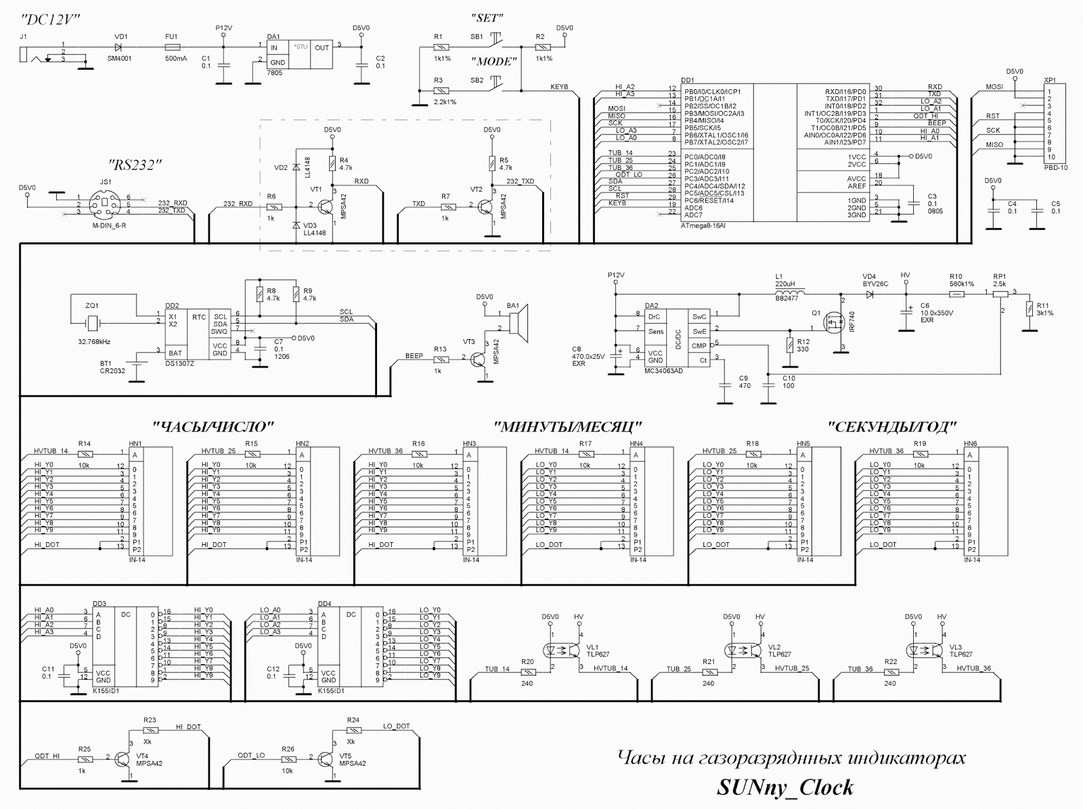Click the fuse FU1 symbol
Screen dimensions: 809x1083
point(172,47)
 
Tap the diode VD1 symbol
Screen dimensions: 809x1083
point(120,47)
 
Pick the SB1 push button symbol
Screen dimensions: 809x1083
point(496,39)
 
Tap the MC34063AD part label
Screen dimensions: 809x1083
point(664,371)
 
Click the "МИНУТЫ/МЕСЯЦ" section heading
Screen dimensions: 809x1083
point(568,427)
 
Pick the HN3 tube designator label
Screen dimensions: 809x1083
point(469,443)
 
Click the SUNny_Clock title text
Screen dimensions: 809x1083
point(784,788)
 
